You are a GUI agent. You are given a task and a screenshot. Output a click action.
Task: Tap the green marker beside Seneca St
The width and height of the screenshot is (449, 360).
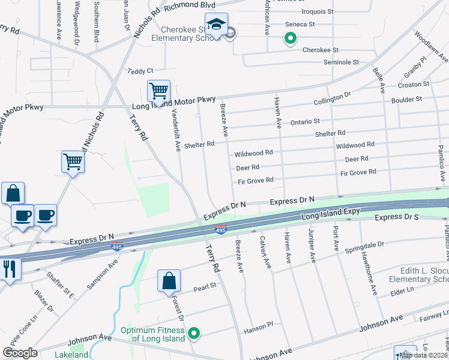(290, 40)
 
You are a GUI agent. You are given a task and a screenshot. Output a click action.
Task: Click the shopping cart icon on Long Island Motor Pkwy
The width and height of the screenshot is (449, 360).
(158, 92)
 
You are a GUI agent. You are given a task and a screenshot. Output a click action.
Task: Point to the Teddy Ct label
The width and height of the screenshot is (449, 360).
(140, 71)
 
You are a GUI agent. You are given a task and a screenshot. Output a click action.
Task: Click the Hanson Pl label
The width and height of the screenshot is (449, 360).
(259, 331)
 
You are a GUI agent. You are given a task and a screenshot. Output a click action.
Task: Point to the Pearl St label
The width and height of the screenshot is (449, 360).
(204, 289)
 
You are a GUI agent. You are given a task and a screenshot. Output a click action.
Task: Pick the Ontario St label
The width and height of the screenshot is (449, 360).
(305, 122)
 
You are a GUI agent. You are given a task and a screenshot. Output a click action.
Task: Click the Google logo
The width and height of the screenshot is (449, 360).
(20, 352)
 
